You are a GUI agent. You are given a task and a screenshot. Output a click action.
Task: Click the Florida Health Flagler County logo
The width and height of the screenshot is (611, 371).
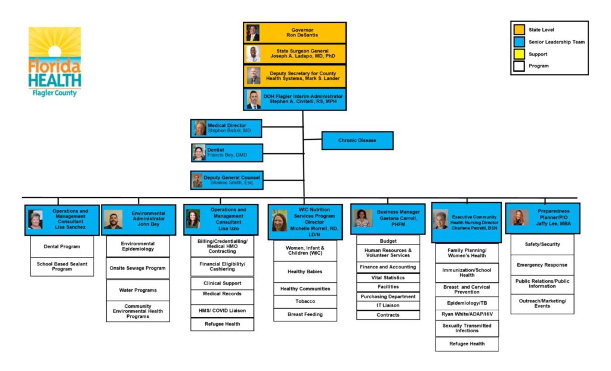click(x=55, y=61)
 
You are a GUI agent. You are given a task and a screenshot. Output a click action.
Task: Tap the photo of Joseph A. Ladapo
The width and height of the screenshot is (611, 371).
click(x=254, y=54)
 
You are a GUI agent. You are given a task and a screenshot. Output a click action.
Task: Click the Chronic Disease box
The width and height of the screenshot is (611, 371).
click(x=357, y=141)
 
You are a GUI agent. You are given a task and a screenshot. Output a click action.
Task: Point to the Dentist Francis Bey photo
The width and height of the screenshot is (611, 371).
click(x=199, y=153)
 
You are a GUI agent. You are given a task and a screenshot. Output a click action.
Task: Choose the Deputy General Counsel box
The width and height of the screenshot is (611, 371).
click(x=227, y=180)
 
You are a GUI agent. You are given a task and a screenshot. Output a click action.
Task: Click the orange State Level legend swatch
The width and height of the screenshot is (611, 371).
click(x=520, y=30)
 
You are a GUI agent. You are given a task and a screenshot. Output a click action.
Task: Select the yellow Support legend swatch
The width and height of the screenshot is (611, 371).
click(x=520, y=54)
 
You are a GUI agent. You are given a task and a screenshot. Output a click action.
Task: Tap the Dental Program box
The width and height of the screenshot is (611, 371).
click(x=62, y=246)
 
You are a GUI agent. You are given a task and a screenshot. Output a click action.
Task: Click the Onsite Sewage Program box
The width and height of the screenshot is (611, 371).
click(x=138, y=268)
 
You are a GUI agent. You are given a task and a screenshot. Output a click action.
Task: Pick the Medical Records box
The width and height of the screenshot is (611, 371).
click(x=222, y=293)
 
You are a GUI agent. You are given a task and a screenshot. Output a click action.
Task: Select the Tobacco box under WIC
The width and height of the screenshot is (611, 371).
click(x=305, y=301)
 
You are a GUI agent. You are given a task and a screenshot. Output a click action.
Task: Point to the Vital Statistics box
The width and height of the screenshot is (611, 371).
click(x=388, y=278)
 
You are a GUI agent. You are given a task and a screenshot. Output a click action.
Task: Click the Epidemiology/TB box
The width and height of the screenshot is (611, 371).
click(x=467, y=303)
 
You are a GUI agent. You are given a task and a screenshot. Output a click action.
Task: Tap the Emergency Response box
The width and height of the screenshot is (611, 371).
click(x=542, y=265)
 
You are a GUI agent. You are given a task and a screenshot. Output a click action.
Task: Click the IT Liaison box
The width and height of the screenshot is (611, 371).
click(x=388, y=305)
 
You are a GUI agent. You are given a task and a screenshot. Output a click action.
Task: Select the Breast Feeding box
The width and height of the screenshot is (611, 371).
click(x=305, y=314)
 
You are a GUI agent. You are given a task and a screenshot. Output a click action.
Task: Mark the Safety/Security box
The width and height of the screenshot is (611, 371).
click(x=542, y=245)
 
